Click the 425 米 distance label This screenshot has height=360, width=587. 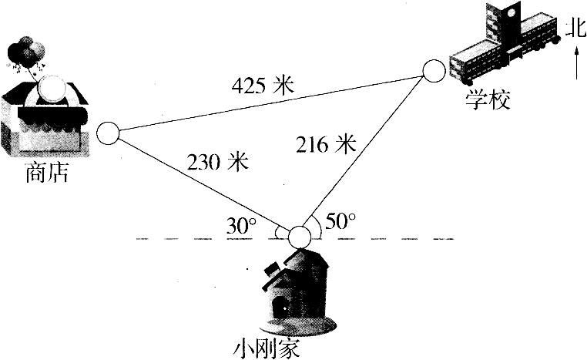pyautogui.click(x=263, y=86)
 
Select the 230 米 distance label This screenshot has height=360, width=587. pyautogui.click(x=218, y=162)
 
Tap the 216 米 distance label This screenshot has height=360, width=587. pyautogui.click(x=326, y=144)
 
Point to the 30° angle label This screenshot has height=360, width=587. pyautogui.click(x=241, y=226)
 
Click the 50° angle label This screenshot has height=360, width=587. pyautogui.click(x=340, y=221)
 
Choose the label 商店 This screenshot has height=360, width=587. pyautogui.click(x=47, y=173)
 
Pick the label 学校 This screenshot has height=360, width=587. pyautogui.click(x=488, y=99)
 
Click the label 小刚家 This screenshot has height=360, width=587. pyautogui.click(x=267, y=348)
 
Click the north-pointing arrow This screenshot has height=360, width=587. pyautogui.click(x=576, y=66)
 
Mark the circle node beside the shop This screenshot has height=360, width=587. pyautogui.click(x=108, y=133)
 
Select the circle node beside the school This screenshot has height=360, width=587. pyautogui.click(x=434, y=71)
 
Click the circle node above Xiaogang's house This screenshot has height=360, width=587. pyautogui.click(x=300, y=237)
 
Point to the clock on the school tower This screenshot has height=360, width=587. pyautogui.click(x=512, y=14)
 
